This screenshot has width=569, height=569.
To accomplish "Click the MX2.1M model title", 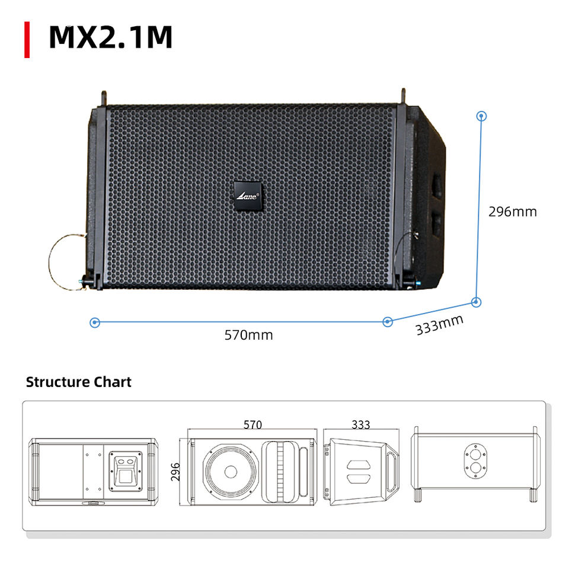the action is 110,37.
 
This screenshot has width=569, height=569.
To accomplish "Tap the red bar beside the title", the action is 27,39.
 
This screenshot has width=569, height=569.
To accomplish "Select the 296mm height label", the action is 512,212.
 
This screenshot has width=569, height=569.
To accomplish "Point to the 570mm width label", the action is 248,335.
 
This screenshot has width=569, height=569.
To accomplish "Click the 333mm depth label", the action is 439,325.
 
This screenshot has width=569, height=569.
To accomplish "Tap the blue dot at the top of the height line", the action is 482,116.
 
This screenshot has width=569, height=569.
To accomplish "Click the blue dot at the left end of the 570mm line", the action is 95,322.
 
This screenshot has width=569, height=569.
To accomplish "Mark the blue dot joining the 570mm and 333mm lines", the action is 388,322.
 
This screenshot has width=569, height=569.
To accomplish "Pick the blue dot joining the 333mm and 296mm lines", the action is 476,302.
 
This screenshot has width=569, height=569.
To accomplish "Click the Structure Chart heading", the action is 78,382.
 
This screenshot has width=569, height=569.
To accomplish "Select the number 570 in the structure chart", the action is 253,424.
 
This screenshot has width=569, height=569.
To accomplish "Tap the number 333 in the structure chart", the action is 360,424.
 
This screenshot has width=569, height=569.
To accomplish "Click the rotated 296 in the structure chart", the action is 175,472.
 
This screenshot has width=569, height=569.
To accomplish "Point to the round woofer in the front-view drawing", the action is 231,472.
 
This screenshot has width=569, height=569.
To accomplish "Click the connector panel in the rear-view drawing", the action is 126,469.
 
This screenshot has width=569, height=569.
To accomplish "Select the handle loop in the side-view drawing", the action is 392,472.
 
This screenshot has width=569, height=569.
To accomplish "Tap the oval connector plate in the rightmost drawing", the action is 475,460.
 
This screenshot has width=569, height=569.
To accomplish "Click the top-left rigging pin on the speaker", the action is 104,97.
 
